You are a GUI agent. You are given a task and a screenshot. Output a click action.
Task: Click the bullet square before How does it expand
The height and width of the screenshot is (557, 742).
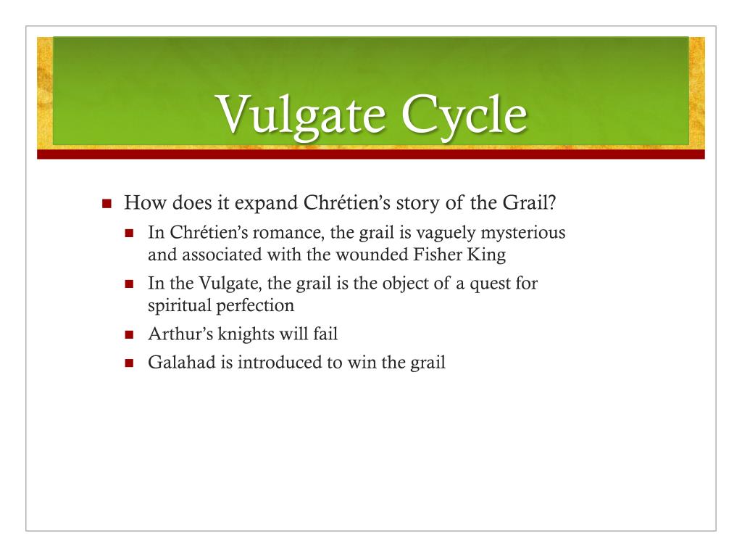107,204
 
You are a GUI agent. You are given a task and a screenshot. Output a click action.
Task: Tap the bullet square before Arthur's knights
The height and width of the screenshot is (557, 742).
130,336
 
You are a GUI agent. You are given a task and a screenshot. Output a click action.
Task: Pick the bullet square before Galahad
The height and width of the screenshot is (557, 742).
130,364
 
